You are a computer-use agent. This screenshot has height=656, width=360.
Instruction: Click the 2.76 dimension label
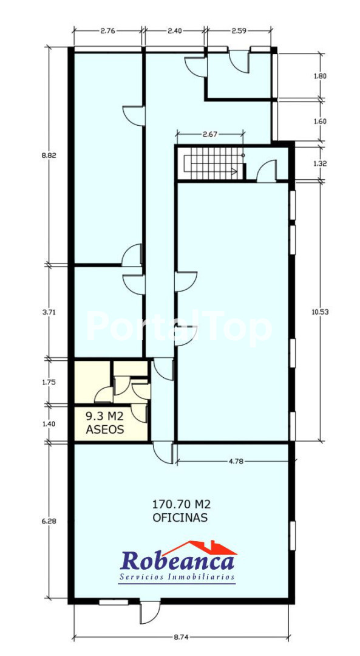(107, 30)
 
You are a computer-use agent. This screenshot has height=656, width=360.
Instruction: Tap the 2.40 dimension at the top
(174, 30)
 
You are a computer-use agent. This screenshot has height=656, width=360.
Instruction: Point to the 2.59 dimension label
(239, 30)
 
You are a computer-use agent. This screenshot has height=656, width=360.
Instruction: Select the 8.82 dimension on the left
(49, 155)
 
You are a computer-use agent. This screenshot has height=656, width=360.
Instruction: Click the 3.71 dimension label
(49, 312)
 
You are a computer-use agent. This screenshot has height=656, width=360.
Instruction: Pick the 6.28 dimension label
(49, 521)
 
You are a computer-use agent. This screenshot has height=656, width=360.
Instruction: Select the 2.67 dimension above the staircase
(210, 134)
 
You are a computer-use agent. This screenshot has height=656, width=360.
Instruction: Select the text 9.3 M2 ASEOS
(105, 423)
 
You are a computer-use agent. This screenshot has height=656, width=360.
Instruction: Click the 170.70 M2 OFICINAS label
(180, 510)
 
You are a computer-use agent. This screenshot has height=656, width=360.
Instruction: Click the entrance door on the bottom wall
(150, 612)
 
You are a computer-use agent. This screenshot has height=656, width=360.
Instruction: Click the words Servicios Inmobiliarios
(177, 578)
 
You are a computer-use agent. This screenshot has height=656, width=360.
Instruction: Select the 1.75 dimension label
(49, 382)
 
